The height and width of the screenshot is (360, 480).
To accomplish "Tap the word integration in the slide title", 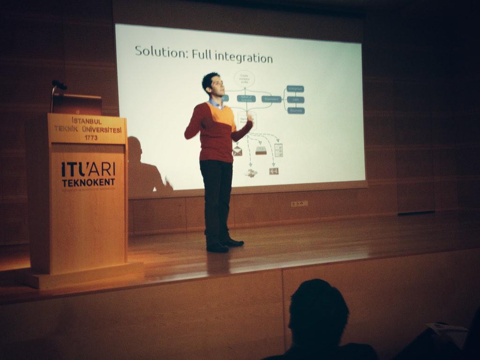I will pyautogui.click(x=244, y=58).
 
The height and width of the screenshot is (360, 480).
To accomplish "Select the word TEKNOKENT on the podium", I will pyautogui.click(x=88, y=182).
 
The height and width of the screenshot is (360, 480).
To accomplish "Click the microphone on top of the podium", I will pyautogui.click(x=59, y=85).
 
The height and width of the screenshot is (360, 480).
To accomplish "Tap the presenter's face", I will pyautogui.click(x=216, y=86).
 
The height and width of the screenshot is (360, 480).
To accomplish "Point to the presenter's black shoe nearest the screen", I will pyautogui.click(x=233, y=242).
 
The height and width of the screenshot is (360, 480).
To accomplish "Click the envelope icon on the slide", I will pyautogui.click(x=238, y=151).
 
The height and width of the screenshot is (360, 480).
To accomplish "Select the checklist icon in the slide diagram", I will pyautogui.click(x=278, y=150).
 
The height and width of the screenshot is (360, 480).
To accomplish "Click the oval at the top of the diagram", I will pyautogui.click(x=244, y=78).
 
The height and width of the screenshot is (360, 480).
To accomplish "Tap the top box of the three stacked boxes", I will pyautogui.click(x=295, y=89).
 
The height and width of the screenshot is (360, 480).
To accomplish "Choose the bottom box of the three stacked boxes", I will pyautogui.click(x=296, y=111).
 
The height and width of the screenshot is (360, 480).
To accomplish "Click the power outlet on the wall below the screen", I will pyautogui.click(x=299, y=203).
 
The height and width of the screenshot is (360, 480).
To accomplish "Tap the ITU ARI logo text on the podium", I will pyautogui.click(x=88, y=169).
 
